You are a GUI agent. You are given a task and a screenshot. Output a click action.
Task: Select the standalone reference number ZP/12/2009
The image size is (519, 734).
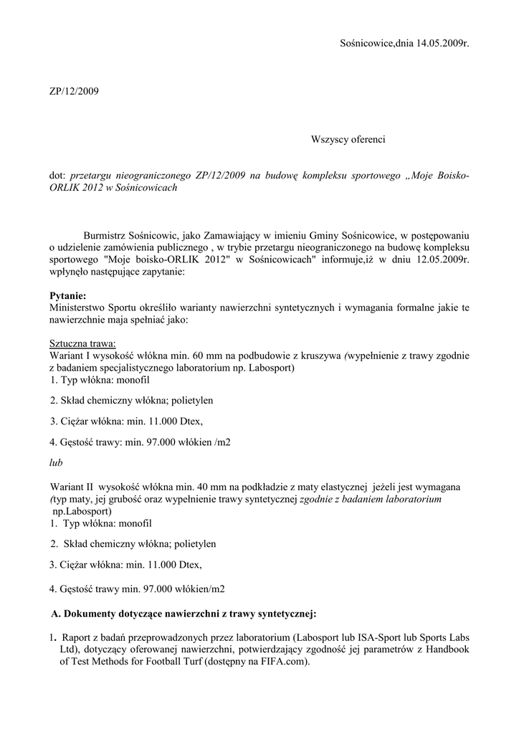75,91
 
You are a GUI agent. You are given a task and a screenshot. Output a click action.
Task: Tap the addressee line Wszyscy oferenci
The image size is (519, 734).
348,139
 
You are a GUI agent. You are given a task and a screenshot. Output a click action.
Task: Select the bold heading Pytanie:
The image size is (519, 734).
67,295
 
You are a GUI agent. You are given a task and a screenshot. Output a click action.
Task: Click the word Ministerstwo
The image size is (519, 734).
77,308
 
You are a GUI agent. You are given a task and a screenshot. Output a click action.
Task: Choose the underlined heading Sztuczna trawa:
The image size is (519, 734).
82,343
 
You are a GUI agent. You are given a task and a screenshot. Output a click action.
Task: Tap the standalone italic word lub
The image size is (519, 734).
56,463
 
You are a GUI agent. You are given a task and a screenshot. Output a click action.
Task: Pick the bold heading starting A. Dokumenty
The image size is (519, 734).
184,614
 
